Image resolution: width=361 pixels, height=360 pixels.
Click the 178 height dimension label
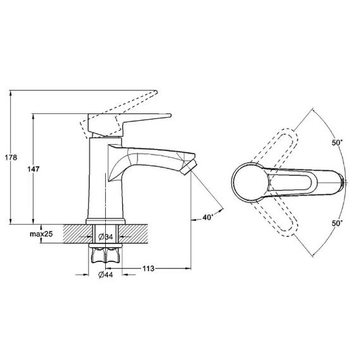[x=11, y=158]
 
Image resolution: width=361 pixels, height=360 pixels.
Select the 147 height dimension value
[x=34, y=170]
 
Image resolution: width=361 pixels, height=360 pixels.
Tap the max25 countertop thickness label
[x=41, y=234]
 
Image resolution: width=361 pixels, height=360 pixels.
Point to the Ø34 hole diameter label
[x=106, y=237]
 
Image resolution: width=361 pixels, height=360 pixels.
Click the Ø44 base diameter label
[x=106, y=275]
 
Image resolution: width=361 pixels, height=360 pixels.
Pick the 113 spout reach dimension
[x=148, y=268]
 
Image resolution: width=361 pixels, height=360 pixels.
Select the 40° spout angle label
[x=208, y=217]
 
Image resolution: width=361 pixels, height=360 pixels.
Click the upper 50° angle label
[x=337, y=142]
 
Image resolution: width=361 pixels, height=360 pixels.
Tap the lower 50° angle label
[x=337, y=223]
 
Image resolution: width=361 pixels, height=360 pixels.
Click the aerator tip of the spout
[x=189, y=167]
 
